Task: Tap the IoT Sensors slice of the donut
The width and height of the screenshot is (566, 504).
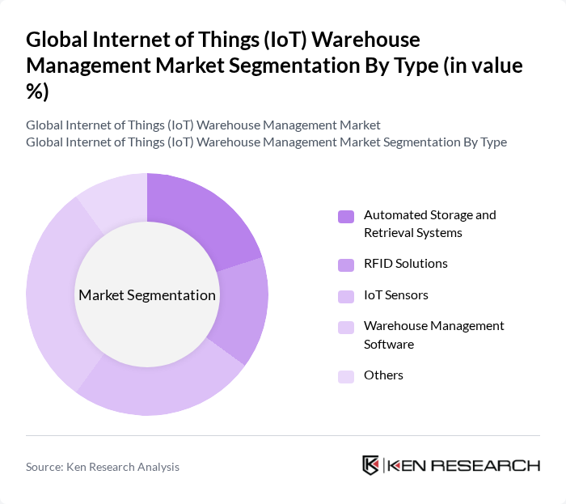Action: [162, 386]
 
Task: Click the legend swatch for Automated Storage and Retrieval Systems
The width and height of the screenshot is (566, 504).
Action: [346, 216]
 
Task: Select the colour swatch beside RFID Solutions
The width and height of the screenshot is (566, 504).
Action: [346, 265]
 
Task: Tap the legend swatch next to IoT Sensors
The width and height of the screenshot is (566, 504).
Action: [346, 296]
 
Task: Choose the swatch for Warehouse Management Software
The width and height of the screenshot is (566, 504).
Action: [346, 327]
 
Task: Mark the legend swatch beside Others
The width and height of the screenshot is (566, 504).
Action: [346, 376]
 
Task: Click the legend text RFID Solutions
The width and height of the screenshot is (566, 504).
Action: [405, 264]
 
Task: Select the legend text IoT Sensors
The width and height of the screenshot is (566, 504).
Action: [396, 295]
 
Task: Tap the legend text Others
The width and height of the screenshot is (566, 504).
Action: [383, 375]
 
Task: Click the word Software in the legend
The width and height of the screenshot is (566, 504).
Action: [389, 345]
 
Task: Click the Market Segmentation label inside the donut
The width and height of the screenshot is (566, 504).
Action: [147, 295]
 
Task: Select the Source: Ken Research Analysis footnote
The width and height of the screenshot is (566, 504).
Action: [103, 467]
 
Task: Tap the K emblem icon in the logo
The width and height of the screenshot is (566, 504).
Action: [371, 465]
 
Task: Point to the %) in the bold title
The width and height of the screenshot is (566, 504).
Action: [37, 92]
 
